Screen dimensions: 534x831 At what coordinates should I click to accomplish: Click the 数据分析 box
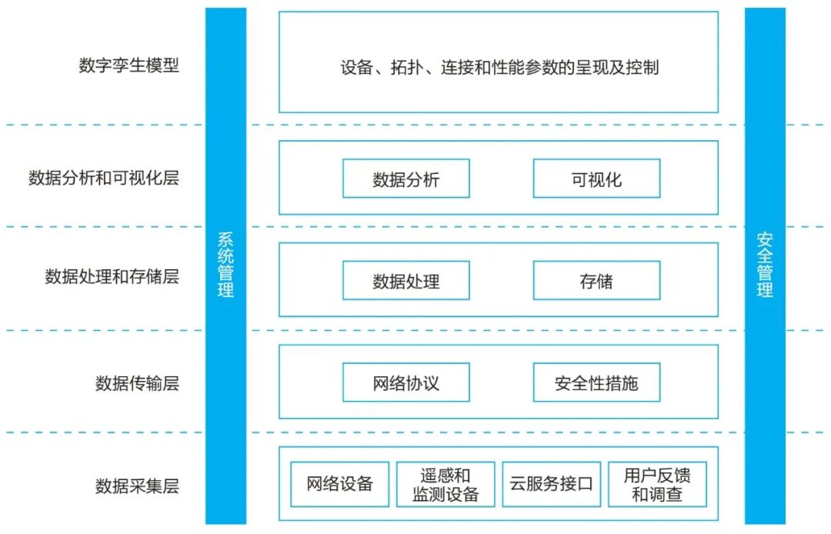click(x=405, y=179)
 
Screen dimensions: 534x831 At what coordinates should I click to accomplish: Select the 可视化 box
click(x=596, y=179)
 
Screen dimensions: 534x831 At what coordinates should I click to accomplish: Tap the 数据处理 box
click(x=405, y=281)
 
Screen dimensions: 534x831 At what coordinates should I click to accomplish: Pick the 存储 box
click(x=596, y=281)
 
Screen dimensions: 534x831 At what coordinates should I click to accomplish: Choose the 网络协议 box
click(x=405, y=382)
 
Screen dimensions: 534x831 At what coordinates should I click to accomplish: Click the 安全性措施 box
click(x=596, y=382)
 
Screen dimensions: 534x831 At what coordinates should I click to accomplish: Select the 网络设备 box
click(x=339, y=484)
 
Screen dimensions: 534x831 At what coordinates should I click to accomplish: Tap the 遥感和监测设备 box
click(x=446, y=484)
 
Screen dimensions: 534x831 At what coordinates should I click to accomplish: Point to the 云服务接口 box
click(x=551, y=484)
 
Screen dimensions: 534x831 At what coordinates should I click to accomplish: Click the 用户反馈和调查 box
click(x=657, y=484)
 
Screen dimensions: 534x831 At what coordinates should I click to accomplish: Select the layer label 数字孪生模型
click(x=128, y=65)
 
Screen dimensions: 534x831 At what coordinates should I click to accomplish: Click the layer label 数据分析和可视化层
click(x=103, y=179)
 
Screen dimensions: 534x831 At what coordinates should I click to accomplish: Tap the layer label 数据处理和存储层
click(x=112, y=277)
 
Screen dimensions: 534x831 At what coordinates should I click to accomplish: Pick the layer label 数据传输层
click(x=137, y=382)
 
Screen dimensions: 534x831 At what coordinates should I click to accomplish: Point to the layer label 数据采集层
click(x=137, y=486)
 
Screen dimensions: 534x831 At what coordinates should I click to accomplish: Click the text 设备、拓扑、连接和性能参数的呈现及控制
click(x=499, y=68)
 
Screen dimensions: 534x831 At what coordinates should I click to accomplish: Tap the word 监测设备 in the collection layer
click(x=446, y=494)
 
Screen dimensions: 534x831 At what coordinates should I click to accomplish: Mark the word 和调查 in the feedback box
click(x=657, y=494)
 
